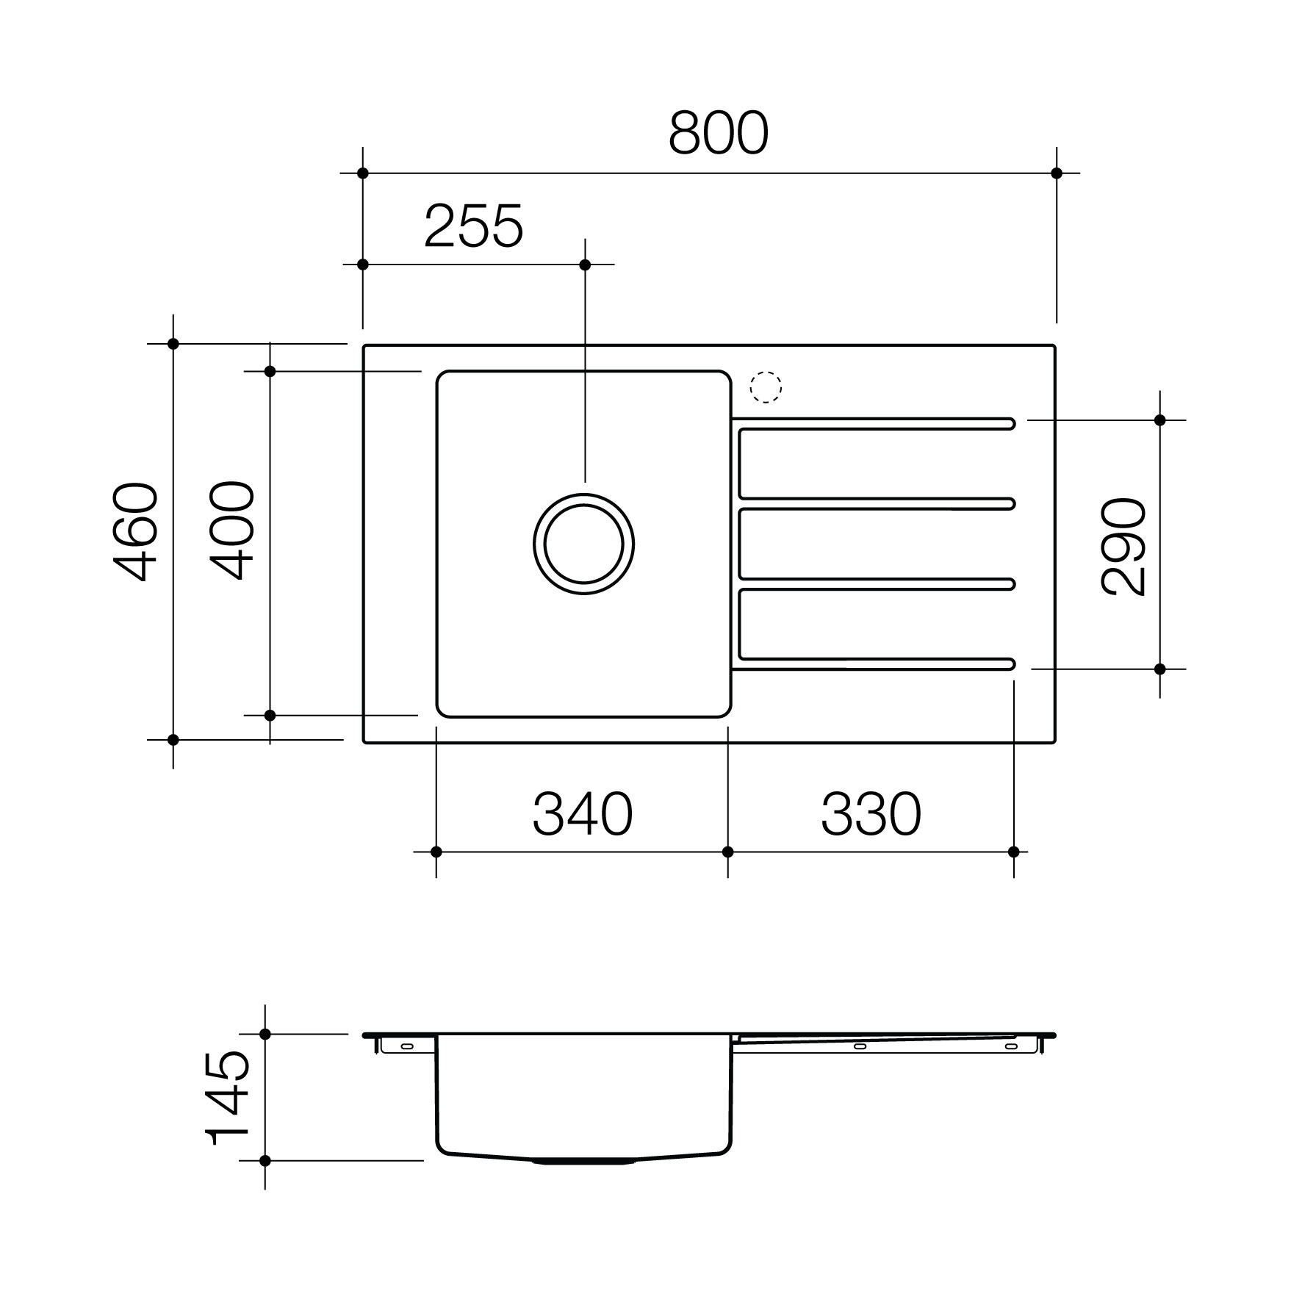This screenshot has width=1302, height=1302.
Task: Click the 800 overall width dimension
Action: coord(719,133)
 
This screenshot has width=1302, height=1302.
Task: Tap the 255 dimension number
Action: coord(474,226)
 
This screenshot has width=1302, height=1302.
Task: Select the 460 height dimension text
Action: coord(136,531)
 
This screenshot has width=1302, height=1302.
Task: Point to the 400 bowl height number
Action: coord(233,530)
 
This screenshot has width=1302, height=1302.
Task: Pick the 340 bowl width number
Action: coord(583,814)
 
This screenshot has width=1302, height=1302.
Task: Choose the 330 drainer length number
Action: coord(871,814)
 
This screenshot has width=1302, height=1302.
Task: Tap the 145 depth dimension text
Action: coord(227,1098)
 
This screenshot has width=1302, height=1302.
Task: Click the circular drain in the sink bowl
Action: coord(584,544)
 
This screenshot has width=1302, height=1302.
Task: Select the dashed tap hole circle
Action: coord(766,386)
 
